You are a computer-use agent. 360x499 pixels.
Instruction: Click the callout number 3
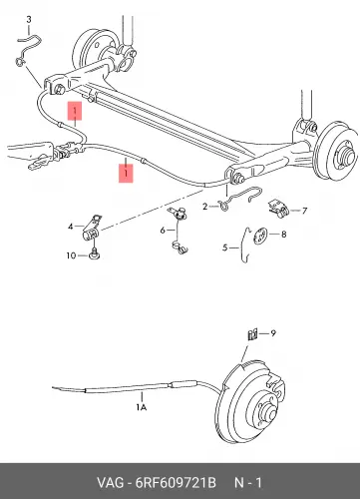[x=29, y=20]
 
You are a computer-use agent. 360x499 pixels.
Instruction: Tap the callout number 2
[x=204, y=207]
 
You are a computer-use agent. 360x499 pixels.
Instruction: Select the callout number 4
[x=70, y=227]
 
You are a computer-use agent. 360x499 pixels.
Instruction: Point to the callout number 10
[x=71, y=255]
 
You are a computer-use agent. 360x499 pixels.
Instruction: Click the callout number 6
[x=163, y=231]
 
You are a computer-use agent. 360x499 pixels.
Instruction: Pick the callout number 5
[x=225, y=248]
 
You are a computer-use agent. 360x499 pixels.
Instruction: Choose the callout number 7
[x=304, y=211]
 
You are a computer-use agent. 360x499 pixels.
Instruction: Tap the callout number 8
[x=283, y=235]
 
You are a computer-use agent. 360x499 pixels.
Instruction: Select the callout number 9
[x=273, y=333]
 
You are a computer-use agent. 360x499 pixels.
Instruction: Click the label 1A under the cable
[x=142, y=407]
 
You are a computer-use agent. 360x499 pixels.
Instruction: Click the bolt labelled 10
[x=95, y=253]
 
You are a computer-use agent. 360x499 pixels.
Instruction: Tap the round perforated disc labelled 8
[x=260, y=236]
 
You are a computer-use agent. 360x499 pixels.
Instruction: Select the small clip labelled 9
[x=252, y=334]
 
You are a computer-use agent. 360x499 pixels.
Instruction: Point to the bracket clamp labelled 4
[x=92, y=228]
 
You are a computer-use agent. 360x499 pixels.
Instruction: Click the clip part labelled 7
[x=278, y=209]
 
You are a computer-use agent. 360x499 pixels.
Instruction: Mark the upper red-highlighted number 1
[x=75, y=111]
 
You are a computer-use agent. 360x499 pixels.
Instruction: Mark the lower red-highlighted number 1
[x=126, y=174]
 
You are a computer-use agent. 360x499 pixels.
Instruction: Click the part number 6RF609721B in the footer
[x=176, y=483]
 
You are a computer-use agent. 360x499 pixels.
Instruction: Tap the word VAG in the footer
[x=110, y=483]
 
